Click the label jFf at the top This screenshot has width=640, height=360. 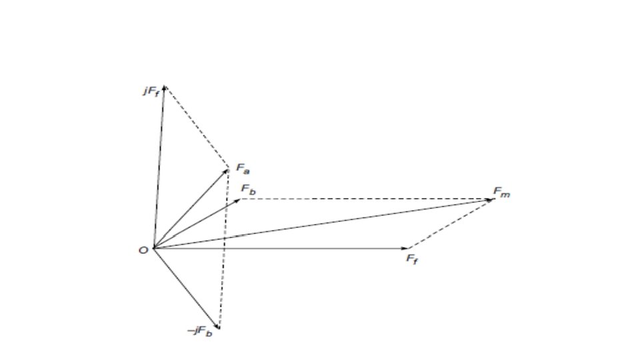pos(150,90)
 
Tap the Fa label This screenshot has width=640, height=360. pos(242,169)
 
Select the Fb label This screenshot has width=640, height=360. pos(249,189)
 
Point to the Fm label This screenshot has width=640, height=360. pos(501,192)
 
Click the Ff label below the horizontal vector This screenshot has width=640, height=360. pos(413,258)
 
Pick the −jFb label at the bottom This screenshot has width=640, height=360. pos(199,331)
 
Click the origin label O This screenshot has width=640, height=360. pos(143,251)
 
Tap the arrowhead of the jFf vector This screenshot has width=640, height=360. pos(164,87)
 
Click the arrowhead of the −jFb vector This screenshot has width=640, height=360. pos(217,326)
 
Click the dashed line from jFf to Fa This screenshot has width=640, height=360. pos(197,127)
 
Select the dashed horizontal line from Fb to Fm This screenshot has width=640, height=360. pos(367,199)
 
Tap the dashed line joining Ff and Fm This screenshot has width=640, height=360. pos(450,224)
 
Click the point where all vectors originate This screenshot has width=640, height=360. pos(153,249)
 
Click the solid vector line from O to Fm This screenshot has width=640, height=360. pos(320,225)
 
